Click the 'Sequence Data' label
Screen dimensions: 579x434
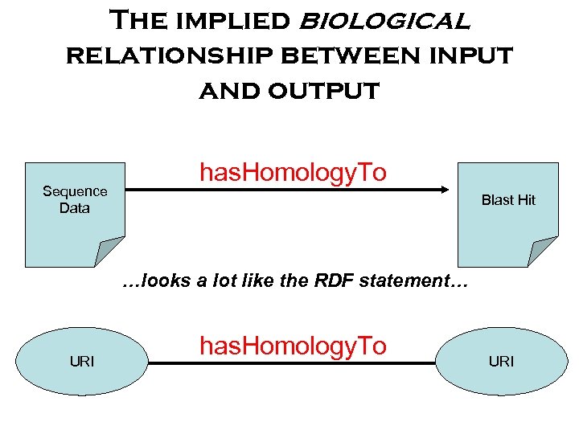74,199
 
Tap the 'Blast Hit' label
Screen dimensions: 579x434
507,200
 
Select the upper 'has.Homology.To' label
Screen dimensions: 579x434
293,172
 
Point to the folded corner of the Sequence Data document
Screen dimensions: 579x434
109,252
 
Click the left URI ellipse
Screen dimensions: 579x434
82,362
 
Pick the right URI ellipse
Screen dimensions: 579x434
500,362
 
